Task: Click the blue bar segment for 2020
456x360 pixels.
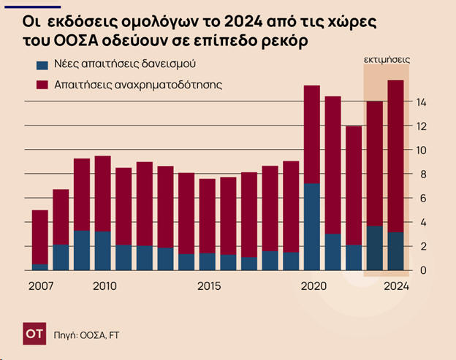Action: pos(312,226)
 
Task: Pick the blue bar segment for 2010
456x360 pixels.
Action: pos(103,250)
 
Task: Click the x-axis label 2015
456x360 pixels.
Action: pos(210,286)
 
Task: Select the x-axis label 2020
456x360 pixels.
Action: pos(313,286)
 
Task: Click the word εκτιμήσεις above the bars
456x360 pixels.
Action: pos(387,58)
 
